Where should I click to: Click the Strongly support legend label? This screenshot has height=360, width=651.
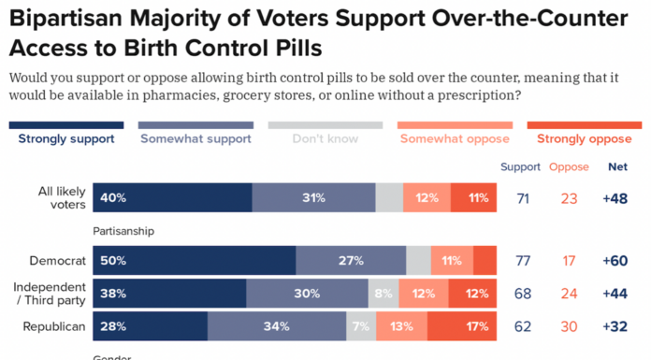(x=65, y=139)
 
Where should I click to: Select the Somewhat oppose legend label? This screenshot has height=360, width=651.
(x=455, y=139)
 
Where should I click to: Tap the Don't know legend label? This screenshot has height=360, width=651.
(x=325, y=139)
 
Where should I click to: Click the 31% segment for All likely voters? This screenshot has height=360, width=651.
(x=313, y=197)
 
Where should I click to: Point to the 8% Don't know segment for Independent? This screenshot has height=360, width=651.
(x=383, y=293)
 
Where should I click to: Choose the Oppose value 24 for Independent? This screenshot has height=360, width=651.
(x=569, y=294)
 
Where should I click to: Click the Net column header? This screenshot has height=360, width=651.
(x=617, y=167)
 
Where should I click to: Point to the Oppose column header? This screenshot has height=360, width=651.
(x=569, y=167)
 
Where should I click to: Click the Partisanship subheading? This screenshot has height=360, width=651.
(x=123, y=230)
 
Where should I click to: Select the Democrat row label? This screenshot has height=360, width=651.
(x=58, y=260)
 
